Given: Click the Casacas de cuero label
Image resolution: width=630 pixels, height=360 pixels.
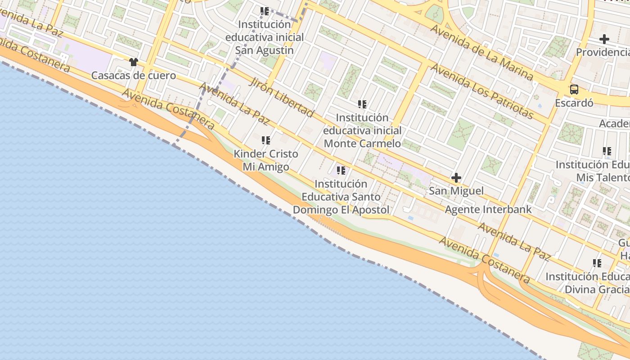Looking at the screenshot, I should click(134, 75).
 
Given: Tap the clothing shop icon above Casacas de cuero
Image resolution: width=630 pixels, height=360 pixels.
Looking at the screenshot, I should click(133, 62).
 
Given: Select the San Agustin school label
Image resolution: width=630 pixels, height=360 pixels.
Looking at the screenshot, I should click(265, 37).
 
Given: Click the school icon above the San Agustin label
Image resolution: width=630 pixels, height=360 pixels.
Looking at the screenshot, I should click(265, 11).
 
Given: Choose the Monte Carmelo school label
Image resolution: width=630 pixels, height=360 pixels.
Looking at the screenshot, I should click(362, 130).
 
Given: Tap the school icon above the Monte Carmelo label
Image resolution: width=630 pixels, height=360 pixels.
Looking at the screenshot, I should click(362, 104).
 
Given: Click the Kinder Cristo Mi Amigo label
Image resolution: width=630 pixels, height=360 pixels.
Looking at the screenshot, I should click(266, 160).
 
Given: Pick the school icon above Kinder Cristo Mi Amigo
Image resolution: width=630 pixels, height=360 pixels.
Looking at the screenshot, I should click(266, 140).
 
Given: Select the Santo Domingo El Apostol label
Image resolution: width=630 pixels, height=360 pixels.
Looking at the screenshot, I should click(341, 197).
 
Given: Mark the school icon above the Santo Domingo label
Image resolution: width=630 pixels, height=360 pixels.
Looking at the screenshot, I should click(341, 171).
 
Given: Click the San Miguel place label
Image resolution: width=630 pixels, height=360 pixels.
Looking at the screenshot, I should click(456, 191).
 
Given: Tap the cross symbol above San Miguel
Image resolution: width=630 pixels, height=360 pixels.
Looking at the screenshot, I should click(456, 178).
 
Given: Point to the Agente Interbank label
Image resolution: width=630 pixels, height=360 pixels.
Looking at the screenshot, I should click(488, 209).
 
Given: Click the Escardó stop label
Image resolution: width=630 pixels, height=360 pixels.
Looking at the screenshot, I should click(574, 103).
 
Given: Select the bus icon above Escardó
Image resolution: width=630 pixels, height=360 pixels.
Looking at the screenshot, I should click(574, 89).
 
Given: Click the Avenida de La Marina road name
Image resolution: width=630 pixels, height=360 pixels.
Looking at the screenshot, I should click(481, 53).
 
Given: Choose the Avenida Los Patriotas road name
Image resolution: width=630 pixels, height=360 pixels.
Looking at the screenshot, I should click(482, 91).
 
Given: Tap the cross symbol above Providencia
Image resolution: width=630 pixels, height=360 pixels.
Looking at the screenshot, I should click(604, 40).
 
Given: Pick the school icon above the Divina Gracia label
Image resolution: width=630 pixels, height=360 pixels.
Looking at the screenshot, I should click(597, 263).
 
